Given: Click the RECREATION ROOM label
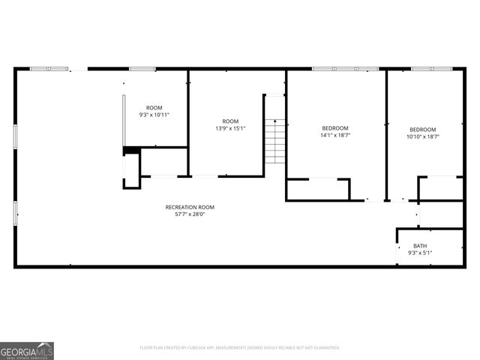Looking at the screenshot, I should [x=190, y=207].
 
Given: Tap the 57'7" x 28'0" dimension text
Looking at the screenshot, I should [x=190, y=214].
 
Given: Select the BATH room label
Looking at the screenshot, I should [x=419, y=246].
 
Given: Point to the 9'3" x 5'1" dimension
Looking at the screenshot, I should [x=419, y=253].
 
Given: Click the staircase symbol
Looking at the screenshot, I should [x=276, y=142].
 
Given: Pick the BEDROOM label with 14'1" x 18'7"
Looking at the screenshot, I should [x=335, y=128].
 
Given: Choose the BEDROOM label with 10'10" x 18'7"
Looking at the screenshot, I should [x=423, y=129].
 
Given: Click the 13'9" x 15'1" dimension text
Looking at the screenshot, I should [x=230, y=128].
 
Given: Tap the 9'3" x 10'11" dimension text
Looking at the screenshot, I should [x=154, y=115].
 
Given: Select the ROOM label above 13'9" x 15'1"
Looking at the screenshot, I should [x=230, y=121].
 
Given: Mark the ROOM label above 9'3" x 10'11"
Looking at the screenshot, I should [x=154, y=108].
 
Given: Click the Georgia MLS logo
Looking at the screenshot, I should [x=27, y=350].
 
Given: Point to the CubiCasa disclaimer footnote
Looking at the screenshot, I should [x=240, y=348].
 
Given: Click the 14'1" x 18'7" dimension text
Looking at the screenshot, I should [x=335, y=136].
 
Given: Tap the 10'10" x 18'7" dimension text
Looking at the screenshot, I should [x=423, y=136].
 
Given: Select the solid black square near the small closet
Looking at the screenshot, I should [x=131, y=151].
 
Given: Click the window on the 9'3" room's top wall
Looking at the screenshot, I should [x=142, y=69].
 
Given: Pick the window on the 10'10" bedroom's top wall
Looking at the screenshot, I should [x=431, y=69].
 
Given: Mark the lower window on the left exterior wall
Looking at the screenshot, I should [x=15, y=212].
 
